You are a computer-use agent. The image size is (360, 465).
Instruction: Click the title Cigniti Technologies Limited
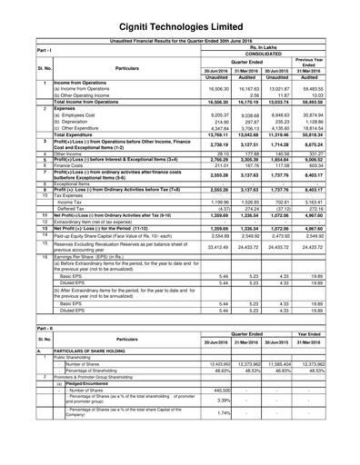[180, 13]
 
